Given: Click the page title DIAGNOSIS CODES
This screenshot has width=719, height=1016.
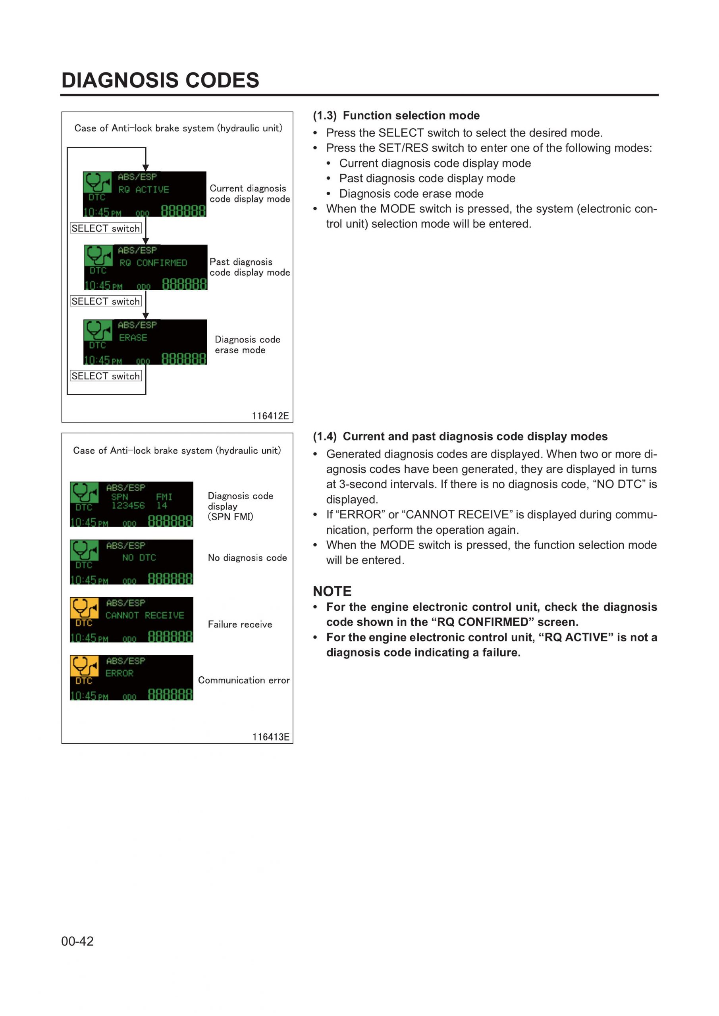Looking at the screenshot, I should tap(160, 80).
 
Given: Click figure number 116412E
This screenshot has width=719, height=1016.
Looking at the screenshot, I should tap(270, 416).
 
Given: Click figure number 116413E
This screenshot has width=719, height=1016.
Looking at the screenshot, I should tap(270, 737).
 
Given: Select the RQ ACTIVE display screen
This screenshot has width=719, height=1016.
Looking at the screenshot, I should tap(145, 194).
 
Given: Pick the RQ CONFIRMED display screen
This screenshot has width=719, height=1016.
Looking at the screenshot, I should tap(146, 267).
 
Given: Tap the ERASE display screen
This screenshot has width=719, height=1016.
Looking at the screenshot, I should tap(145, 342).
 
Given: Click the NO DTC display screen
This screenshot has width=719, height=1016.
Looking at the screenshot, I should tap(131, 562).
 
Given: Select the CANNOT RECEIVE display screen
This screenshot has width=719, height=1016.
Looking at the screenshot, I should tap(131, 620).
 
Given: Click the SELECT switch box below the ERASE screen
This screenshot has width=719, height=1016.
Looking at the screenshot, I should tap(106, 376).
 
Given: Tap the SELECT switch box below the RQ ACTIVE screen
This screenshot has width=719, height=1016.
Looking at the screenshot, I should tap(106, 228).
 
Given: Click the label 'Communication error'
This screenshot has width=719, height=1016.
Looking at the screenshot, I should tap(243, 680).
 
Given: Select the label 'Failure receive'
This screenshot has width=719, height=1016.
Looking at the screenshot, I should tap(240, 624).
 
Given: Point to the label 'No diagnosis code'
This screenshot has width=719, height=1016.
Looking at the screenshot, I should tap(247, 558).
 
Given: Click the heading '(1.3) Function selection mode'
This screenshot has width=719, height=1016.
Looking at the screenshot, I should tap(396, 115).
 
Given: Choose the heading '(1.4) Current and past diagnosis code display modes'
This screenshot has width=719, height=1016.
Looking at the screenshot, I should tap(460, 436).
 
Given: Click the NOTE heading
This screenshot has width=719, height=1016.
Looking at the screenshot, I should tap(332, 591).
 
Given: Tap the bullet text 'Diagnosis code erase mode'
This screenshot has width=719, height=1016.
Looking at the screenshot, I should tap(411, 193).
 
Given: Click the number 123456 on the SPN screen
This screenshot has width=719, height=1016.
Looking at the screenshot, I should tap(128, 505).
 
